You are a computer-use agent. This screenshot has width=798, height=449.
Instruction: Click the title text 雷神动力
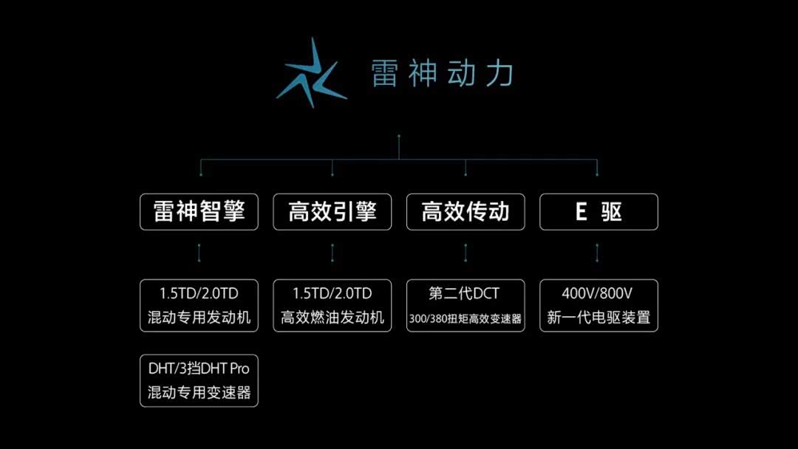click(x=442, y=73)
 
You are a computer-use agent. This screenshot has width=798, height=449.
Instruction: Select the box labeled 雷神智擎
click(x=199, y=211)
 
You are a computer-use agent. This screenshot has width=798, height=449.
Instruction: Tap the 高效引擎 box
click(x=332, y=211)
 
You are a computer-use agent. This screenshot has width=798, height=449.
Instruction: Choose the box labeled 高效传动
click(x=465, y=211)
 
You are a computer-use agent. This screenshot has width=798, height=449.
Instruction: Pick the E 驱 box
click(x=599, y=211)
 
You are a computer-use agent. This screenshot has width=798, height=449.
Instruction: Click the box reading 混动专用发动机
click(x=199, y=306)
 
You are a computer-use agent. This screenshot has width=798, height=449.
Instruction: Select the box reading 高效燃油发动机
click(x=332, y=306)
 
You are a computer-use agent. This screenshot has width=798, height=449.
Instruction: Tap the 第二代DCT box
click(x=465, y=306)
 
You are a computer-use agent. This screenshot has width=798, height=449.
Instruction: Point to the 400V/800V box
click(x=599, y=306)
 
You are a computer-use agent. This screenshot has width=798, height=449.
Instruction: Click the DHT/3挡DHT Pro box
click(x=199, y=381)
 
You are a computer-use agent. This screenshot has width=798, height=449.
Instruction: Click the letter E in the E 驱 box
click(x=581, y=211)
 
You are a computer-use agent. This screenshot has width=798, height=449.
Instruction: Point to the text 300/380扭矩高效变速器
click(x=465, y=319)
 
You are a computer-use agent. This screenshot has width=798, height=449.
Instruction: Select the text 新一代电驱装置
click(x=599, y=318)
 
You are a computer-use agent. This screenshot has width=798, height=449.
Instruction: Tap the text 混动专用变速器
click(x=199, y=393)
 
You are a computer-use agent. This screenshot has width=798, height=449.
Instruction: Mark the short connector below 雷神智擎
click(x=199, y=253)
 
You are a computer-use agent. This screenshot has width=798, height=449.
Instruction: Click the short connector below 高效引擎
click(x=332, y=253)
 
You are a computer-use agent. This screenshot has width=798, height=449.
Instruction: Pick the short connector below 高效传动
click(x=465, y=253)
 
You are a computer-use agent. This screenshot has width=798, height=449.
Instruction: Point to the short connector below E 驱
click(x=597, y=253)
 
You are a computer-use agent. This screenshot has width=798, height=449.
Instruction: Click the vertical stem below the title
click(x=399, y=148)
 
